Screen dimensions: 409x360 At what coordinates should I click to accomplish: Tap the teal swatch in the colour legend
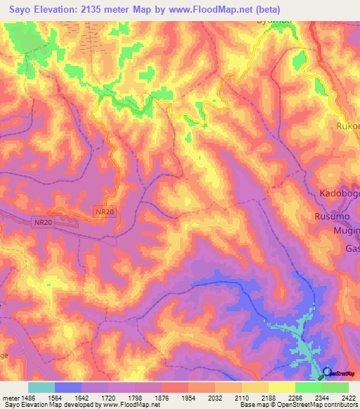tap(41, 387)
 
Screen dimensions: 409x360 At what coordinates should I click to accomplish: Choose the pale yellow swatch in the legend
tap(281, 387)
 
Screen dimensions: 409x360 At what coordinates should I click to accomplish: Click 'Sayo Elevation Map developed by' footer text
tap(49, 405)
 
